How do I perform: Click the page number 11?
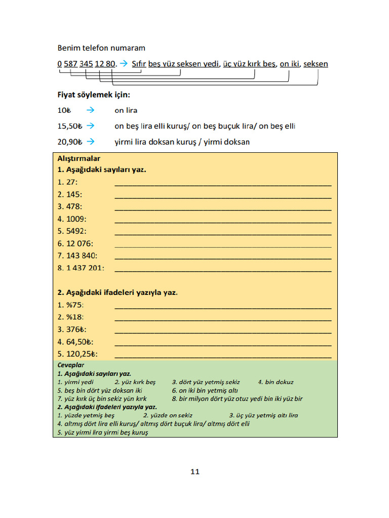(x=195, y=472)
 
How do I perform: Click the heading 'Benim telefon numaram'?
(x=101, y=48)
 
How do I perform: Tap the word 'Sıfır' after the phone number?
(x=139, y=64)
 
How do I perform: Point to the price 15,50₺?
(x=70, y=125)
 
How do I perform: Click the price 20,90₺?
(x=70, y=142)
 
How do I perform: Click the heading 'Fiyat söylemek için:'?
(x=94, y=95)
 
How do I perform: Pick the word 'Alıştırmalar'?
(x=79, y=158)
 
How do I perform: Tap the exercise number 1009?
(x=76, y=219)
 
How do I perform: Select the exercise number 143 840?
(x=81, y=256)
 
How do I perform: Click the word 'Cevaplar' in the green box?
(x=70, y=365)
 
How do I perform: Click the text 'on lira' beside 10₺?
(x=126, y=110)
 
